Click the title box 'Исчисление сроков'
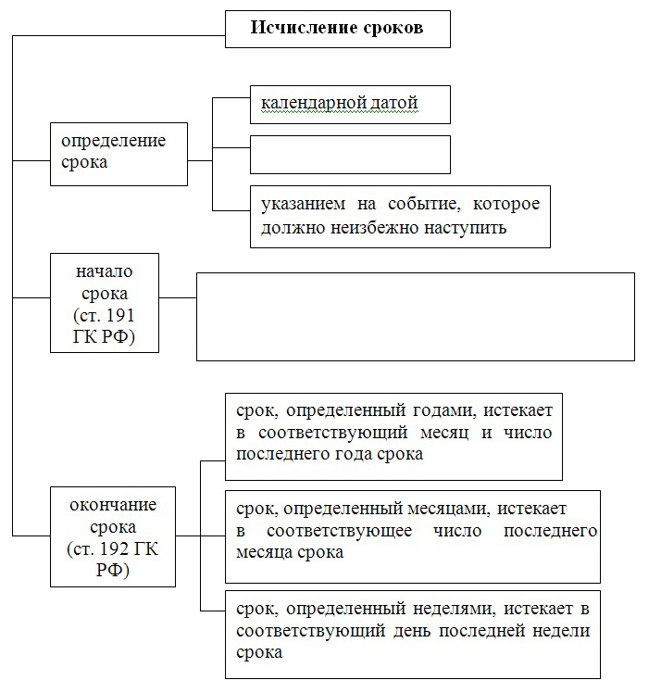click(x=338, y=29)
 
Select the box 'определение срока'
click(x=119, y=154)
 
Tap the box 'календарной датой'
click(x=350, y=105)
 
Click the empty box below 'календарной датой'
click(x=350, y=155)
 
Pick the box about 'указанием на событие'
click(x=400, y=217)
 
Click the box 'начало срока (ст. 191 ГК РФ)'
click(x=105, y=303)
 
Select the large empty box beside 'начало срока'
click(x=416, y=317)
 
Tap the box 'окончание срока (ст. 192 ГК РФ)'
click(x=113, y=537)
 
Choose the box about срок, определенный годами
click(x=393, y=436)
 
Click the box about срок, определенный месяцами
click(x=413, y=536)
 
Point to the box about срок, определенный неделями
click(x=413, y=635)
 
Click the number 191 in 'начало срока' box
click(x=120, y=316)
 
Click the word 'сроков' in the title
click(x=393, y=28)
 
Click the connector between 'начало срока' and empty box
click(x=178, y=298)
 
